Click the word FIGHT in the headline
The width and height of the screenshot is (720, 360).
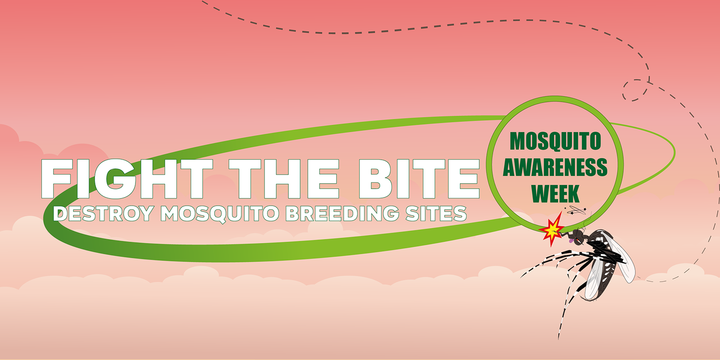[127, 179]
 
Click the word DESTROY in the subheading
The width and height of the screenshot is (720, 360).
[103, 214]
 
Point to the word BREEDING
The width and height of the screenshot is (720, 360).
[342, 214]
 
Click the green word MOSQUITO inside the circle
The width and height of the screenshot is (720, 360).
[555, 141]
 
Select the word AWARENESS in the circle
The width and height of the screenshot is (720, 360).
[555, 167]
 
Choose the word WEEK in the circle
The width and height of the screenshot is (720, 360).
[555, 193]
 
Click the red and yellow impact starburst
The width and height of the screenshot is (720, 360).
[552, 229]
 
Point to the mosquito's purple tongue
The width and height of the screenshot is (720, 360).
[571, 240]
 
